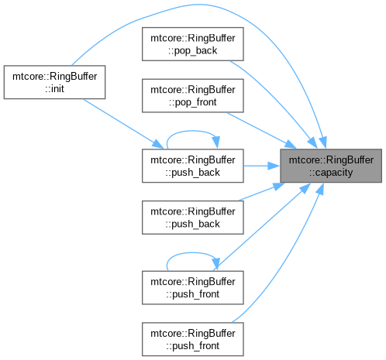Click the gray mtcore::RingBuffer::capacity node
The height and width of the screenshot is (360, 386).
point(331,166)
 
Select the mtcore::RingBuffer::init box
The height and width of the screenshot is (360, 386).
point(54,82)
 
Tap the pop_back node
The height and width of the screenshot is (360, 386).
point(193,44)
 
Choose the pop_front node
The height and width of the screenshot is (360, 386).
point(193,96)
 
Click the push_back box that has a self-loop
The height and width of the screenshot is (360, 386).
point(193,166)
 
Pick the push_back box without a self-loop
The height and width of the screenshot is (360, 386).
point(193,218)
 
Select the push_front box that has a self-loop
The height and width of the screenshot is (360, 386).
point(193,287)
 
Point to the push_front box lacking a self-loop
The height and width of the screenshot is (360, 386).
point(193,339)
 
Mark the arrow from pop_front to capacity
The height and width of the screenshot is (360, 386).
point(261,130)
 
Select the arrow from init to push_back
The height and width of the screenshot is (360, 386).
point(122,123)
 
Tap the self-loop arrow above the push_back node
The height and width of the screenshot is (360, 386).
point(192,131)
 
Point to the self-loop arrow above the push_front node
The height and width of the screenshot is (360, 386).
point(192,253)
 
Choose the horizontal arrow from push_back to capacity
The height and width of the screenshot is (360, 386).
point(262,166)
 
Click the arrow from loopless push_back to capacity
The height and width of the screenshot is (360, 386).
point(261,192)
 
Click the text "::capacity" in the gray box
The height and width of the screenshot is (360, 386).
point(331,173)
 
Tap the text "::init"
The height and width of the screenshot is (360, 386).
point(54,89)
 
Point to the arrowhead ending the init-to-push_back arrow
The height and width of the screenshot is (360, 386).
point(158,144)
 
